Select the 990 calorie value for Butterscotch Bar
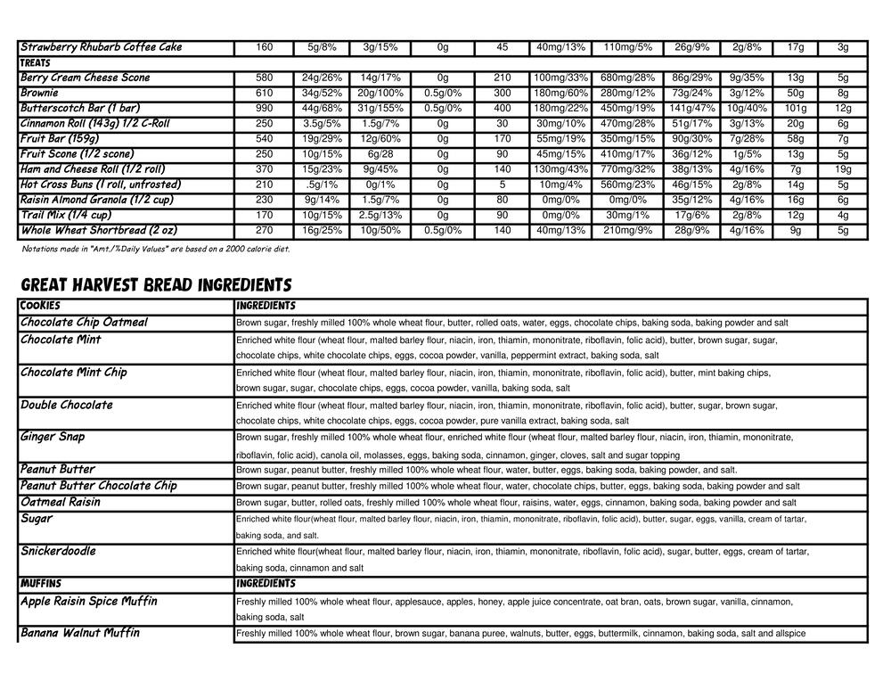pyautogui.click(x=264, y=108)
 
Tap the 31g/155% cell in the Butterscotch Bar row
pyautogui.click(x=380, y=108)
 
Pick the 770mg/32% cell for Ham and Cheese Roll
pyautogui.click(x=628, y=169)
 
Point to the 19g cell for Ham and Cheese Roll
pyautogui.click(x=843, y=169)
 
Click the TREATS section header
pyautogui.click(x=36, y=63)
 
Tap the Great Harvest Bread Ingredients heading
pyautogui.click(x=156, y=285)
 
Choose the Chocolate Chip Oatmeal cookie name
pyautogui.click(x=84, y=322)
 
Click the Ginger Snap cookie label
pyautogui.click(x=53, y=437)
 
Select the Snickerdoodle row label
pyautogui.click(x=58, y=551)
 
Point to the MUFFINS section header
pyautogui.click(x=41, y=584)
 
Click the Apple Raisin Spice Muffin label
pyautogui.click(x=88, y=601)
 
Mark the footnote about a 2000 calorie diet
pyautogui.click(x=155, y=249)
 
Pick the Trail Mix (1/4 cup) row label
pyautogui.click(x=66, y=215)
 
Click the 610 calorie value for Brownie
pyautogui.click(x=264, y=93)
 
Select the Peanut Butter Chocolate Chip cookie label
pyautogui.click(x=98, y=486)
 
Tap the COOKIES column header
pyautogui.click(x=40, y=306)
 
